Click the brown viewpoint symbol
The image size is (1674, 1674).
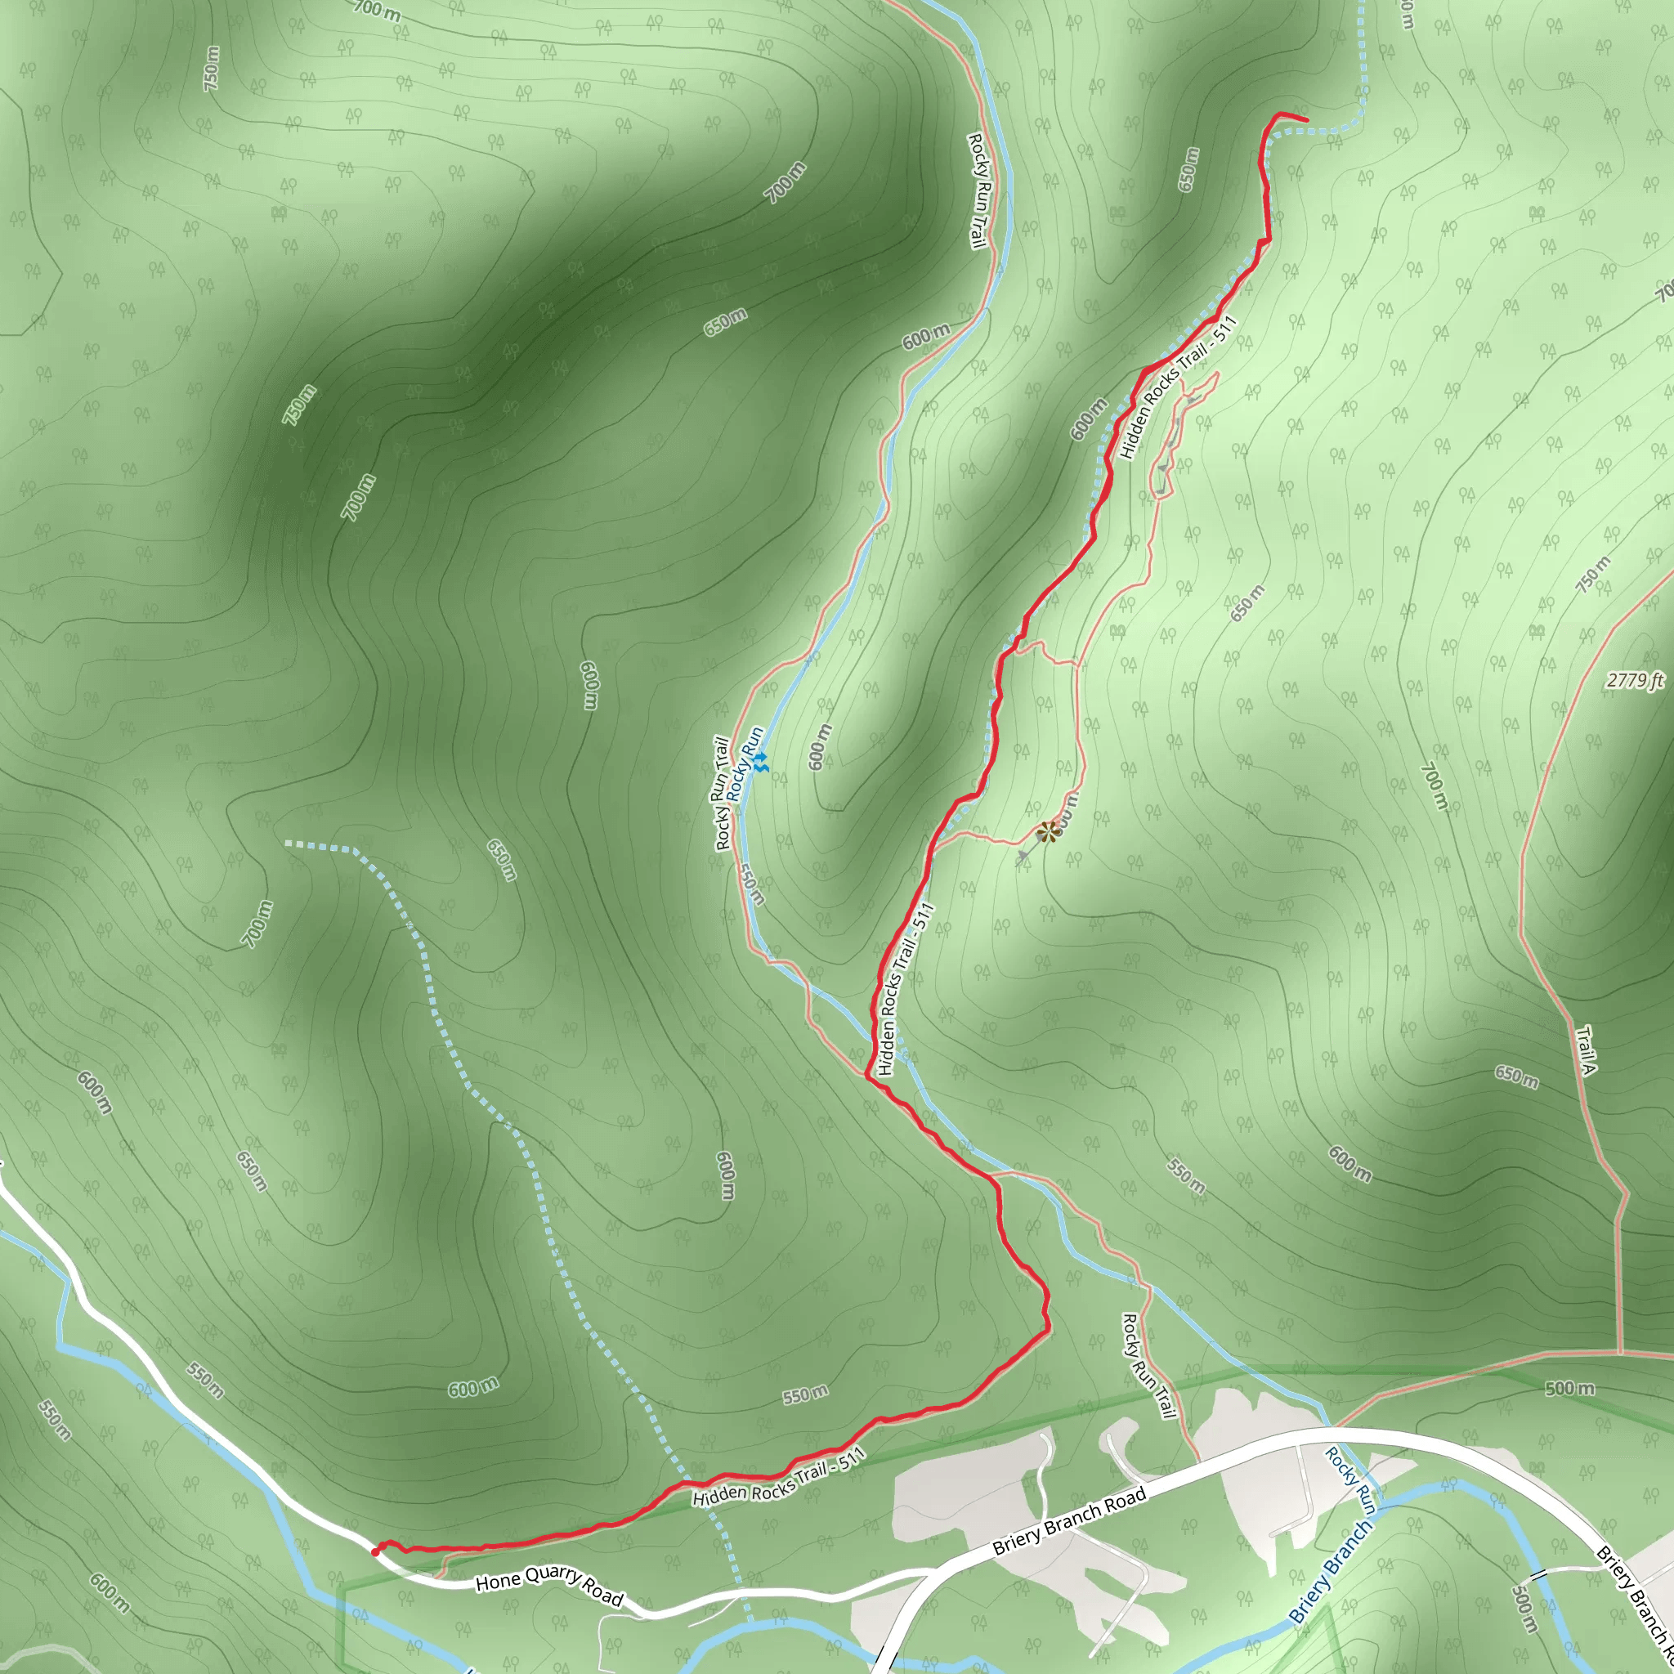[x=1049, y=832]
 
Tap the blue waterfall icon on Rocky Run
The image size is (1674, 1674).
[x=760, y=763]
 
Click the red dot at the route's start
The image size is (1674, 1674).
[x=375, y=1552]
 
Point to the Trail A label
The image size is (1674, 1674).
[x=1585, y=1050]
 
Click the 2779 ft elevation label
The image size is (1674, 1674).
[x=1635, y=680]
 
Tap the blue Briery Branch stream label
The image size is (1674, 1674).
[x=1329, y=1572]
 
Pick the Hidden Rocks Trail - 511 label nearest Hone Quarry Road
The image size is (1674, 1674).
[x=779, y=1479]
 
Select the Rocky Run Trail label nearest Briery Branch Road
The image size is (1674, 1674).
[x=1148, y=1367]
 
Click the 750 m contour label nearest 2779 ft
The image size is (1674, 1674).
[x=1593, y=574]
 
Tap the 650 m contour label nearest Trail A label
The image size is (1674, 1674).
[x=1517, y=1077]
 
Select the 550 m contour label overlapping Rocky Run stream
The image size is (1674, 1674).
[x=751, y=883]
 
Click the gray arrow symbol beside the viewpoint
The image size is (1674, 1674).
[x=1023, y=856]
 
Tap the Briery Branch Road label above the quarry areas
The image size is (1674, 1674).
[x=1069, y=1520]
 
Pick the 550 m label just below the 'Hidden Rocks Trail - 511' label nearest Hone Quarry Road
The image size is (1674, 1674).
[x=805, y=1395]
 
